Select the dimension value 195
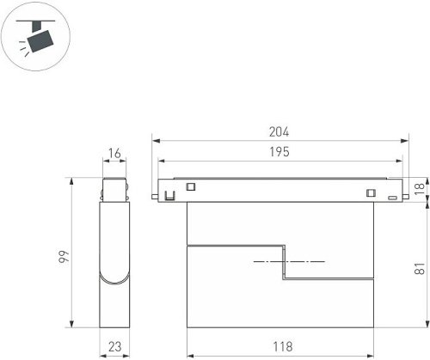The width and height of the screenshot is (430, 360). pos(278,151)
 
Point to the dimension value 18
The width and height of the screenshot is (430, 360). pos(419,186)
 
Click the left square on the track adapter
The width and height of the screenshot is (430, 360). pos(191,186)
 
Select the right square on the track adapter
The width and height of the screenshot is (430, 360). pos(372,192)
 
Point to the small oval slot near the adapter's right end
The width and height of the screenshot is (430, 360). pos(391,198)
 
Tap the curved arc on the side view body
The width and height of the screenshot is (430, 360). pos(115,278)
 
